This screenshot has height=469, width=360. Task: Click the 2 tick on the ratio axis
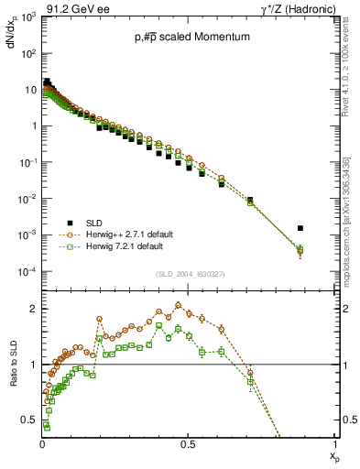(x=33, y=309)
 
